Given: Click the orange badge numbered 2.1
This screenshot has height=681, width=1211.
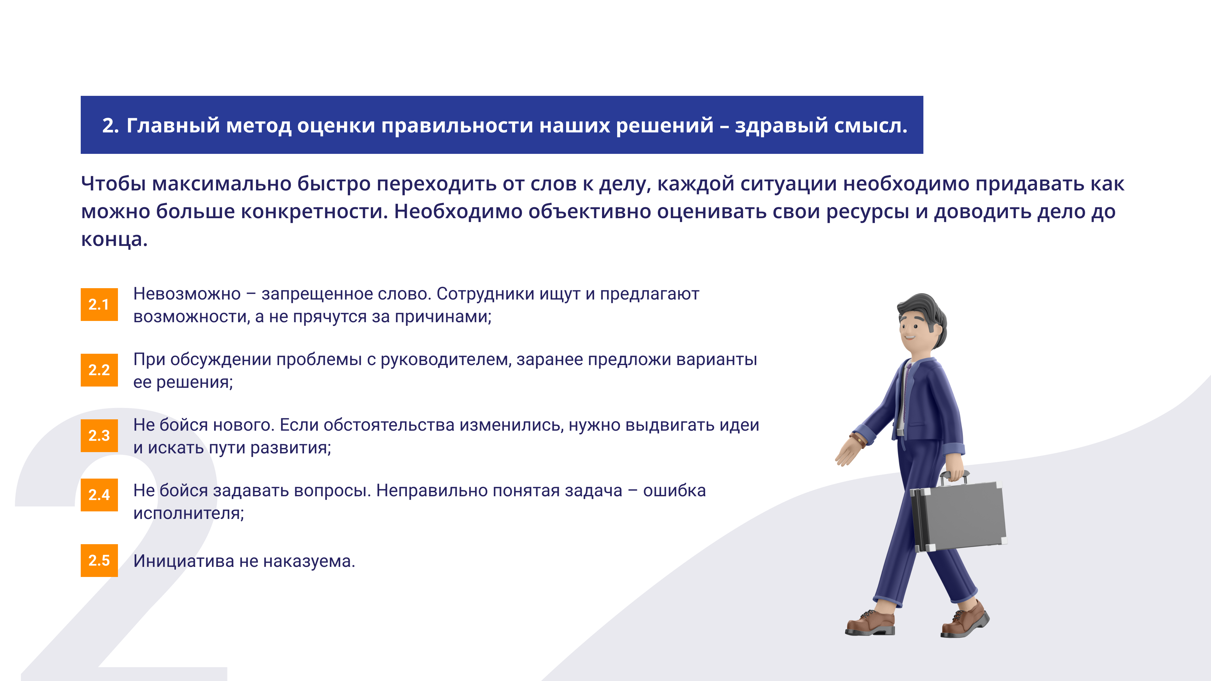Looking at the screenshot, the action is point(99,305).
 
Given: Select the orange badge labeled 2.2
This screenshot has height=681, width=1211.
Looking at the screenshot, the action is point(99,370).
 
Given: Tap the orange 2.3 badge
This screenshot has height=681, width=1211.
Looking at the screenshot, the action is point(99,436).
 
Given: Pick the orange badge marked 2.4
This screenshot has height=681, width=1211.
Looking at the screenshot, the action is point(99,495).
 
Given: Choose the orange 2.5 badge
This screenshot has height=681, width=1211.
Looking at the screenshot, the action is point(99,560).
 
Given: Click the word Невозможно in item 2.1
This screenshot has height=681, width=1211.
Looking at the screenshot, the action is point(187,294).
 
